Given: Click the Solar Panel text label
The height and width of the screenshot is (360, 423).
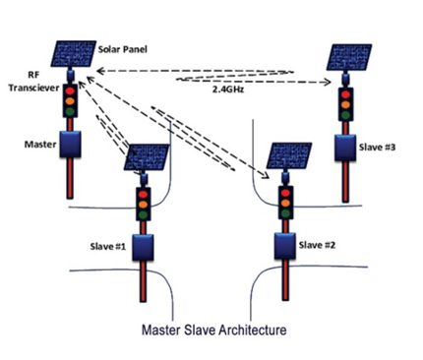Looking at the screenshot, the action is tap(123, 49).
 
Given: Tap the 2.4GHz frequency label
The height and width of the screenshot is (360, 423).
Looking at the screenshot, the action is tap(228, 90).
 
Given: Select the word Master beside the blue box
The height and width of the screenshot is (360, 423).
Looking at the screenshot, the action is tap(40, 145).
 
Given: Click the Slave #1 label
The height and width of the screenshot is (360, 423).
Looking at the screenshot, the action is tap(108, 246).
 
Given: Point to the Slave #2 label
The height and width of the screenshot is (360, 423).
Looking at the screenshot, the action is tap(317, 245).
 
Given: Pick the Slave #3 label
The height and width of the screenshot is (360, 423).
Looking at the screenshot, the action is tap(377, 148).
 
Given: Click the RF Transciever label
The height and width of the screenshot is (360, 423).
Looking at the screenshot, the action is tap(33, 82).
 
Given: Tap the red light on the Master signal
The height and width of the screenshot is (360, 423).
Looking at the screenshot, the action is tap(70, 90).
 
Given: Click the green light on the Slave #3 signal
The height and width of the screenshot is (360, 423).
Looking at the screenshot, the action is tap(345, 115).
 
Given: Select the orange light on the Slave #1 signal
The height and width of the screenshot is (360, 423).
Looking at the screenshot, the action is tap(144, 205).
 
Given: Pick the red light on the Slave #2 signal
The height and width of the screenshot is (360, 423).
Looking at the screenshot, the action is tap(285, 193).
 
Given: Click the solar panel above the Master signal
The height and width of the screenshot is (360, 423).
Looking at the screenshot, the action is tap(73, 53).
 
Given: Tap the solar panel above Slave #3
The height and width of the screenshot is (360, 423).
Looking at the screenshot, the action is tap(349, 57).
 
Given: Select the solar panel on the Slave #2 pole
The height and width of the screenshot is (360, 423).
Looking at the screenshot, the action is tap(288, 155).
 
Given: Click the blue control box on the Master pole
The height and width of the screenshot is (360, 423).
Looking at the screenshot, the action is tap(70, 144).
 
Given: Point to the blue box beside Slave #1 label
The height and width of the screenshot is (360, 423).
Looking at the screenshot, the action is tap(143, 247).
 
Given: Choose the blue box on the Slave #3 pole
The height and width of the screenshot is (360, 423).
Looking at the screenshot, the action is tap(345, 148).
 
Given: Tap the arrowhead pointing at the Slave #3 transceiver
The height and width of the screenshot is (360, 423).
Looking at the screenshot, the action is tap(327, 82).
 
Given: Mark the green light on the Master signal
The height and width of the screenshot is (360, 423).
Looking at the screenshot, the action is tap(70, 111).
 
